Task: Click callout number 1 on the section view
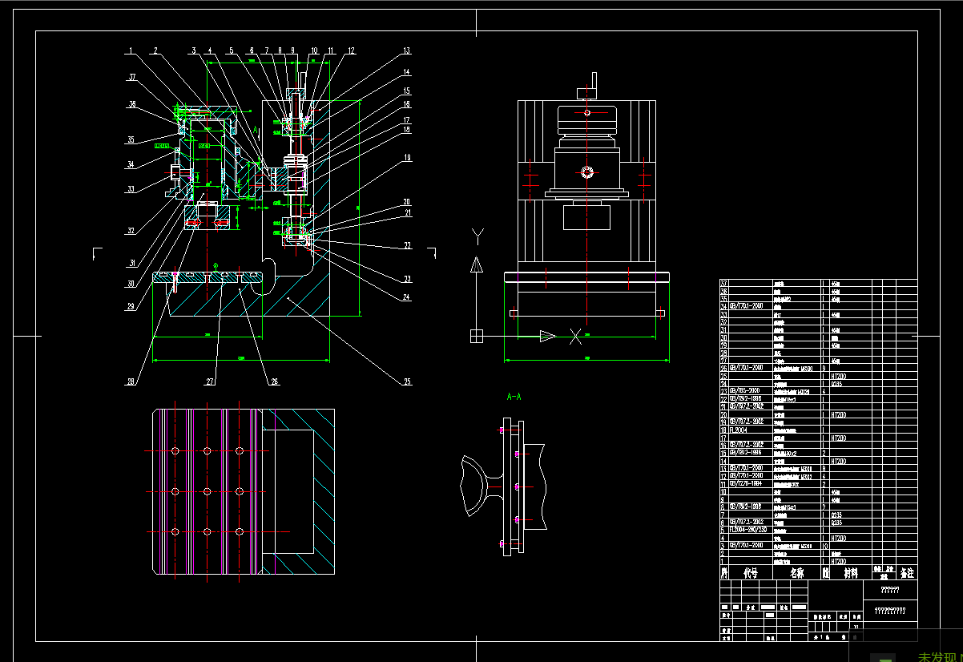[129, 51]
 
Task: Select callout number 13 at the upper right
[406, 51]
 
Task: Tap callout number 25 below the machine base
[406, 381]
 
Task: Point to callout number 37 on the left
[131, 78]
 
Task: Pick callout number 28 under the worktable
[131, 381]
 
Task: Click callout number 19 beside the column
[406, 158]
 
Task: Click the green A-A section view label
[514, 396]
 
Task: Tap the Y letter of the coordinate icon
[477, 235]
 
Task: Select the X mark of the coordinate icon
[575, 337]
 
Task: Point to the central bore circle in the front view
[587, 172]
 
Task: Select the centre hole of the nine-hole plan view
[207, 490]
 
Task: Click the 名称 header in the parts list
[796, 573]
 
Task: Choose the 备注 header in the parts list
[906, 573]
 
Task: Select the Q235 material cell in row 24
[836, 384]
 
